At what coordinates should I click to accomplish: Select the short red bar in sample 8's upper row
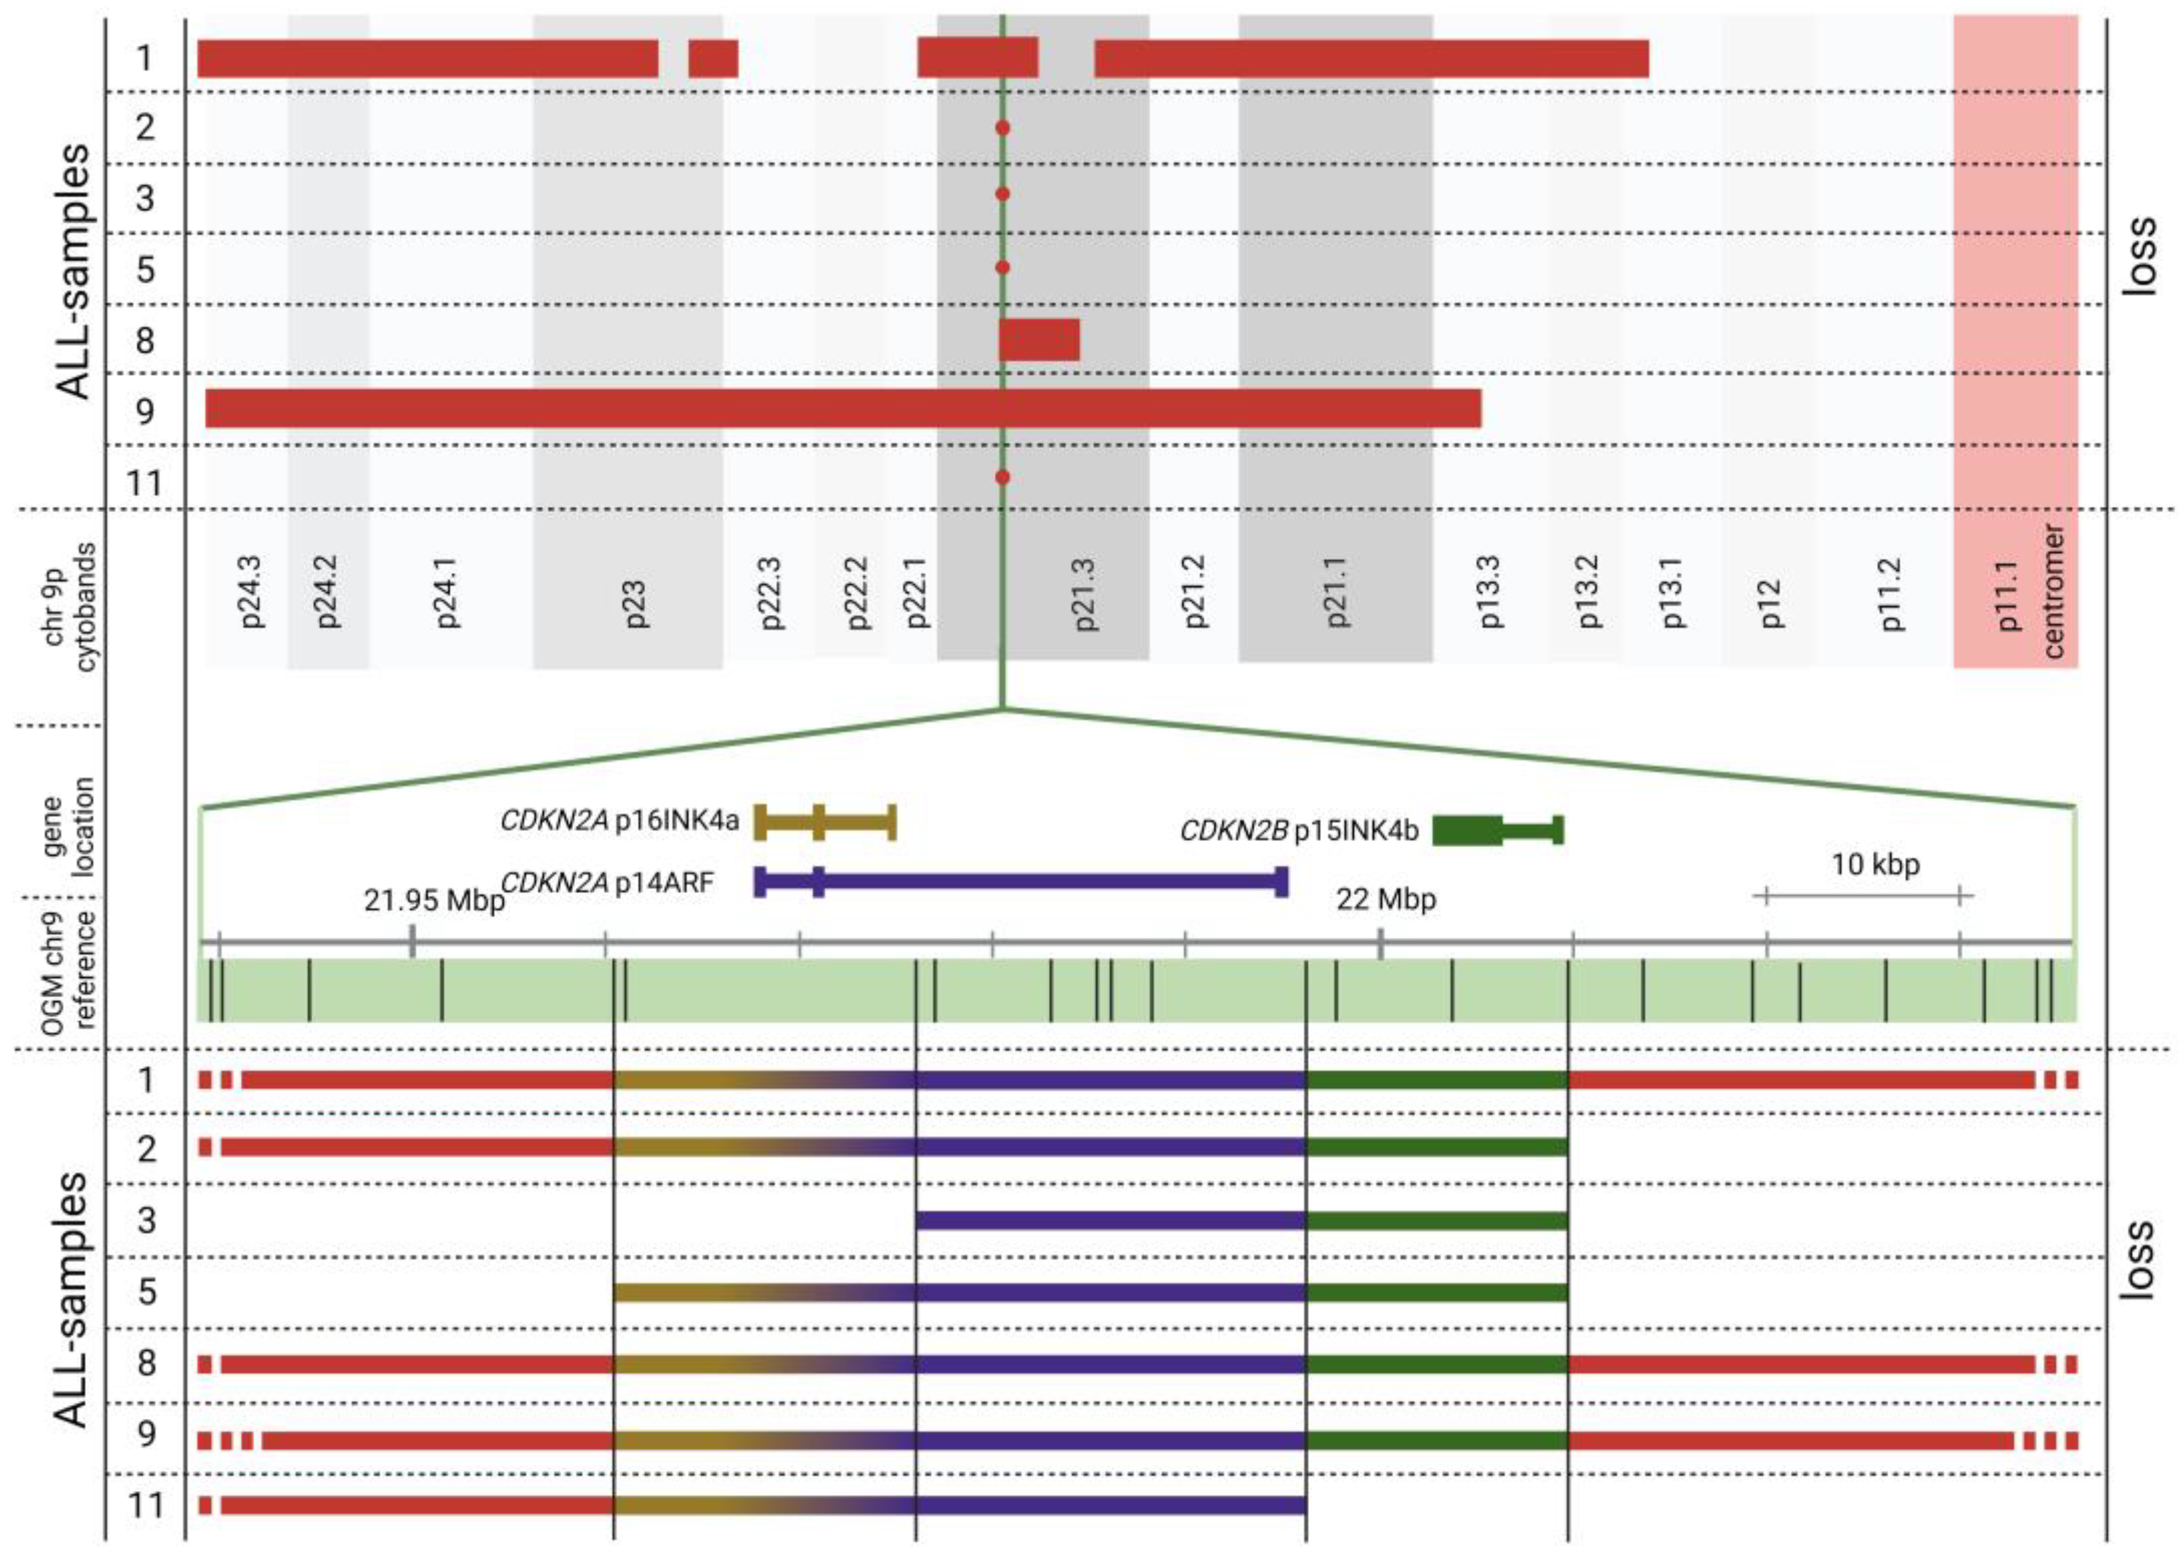tap(1039, 340)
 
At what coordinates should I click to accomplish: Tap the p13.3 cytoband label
tap(1491, 592)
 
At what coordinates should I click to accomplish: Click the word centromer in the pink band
tap(2053, 592)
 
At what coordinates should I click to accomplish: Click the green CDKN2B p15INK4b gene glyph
tap(1497, 830)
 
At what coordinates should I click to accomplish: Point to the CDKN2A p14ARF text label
tap(608, 882)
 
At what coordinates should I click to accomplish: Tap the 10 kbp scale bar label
tap(1875, 865)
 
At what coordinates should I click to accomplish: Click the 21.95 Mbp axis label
tap(433, 901)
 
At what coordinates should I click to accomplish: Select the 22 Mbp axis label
tap(1386, 900)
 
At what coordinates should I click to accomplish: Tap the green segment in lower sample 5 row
tap(1436, 1292)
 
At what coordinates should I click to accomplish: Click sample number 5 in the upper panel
tap(145, 270)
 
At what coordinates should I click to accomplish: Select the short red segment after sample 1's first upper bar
tap(713, 59)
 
